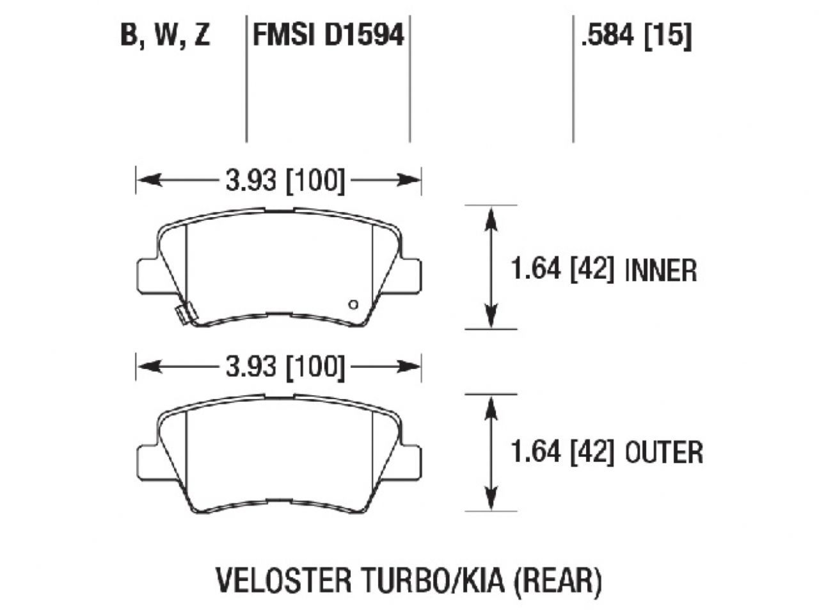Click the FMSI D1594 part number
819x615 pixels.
pyautogui.click(x=329, y=36)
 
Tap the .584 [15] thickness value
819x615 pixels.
pyautogui.click(x=635, y=36)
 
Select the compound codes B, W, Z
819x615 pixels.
pyautogui.click(x=166, y=36)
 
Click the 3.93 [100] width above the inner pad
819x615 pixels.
pyautogui.click(x=285, y=181)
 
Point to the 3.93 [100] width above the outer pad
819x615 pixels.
pyautogui.click(x=285, y=367)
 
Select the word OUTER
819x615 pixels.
pyautogui.click(x=664, y=452)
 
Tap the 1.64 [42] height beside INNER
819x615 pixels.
pyautogui.click(x=562, y=270)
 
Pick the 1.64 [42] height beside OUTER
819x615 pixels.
pyautogui.click(x=562, y=452)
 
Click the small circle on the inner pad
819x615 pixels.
pyautogui.click(x=353, y=304)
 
